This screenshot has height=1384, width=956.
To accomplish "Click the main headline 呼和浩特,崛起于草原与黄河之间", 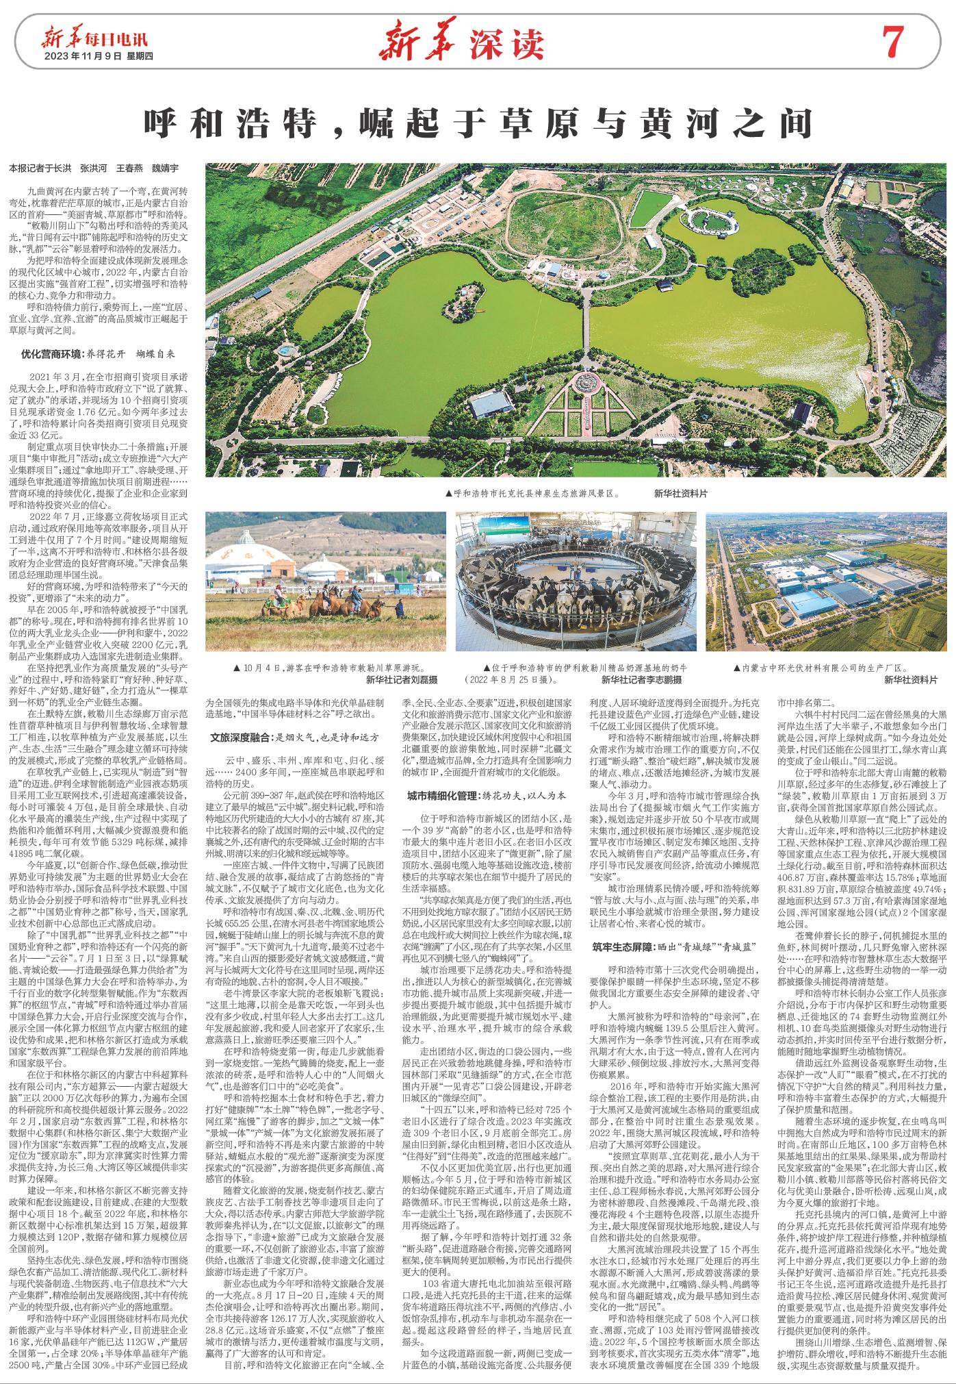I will (477, 124).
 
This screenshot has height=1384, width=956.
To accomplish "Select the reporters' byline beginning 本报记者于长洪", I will (94, 168).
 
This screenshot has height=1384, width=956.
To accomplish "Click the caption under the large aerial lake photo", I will (532, 492).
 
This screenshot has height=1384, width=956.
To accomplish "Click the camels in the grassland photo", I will (339, 602).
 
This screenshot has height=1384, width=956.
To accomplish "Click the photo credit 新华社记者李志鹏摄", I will (641, 679).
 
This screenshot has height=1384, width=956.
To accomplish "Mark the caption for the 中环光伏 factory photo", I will (819, 666).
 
